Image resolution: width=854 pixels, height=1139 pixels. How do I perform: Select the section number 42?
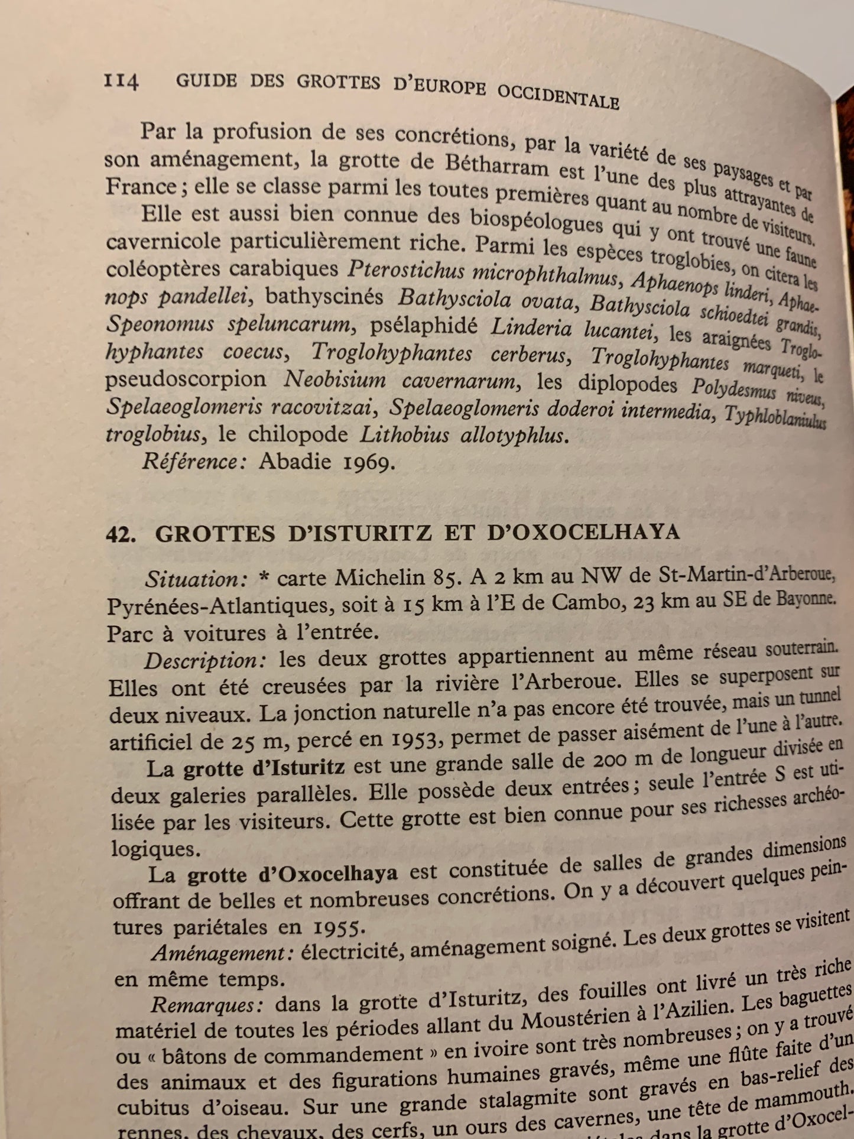[x=122, y=533]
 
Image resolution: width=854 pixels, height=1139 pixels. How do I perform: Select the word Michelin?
[x=378, y=577]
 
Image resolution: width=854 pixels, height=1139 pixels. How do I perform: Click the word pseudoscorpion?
[x=187, y=379]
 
